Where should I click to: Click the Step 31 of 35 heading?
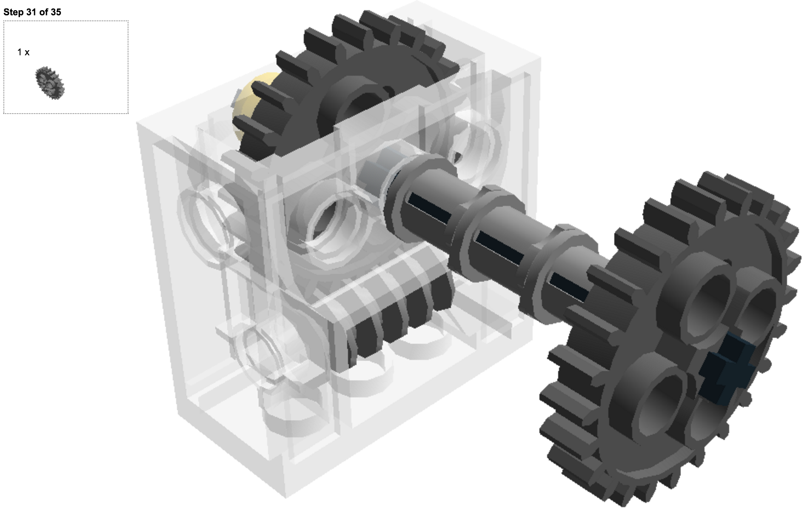tap(32, 12)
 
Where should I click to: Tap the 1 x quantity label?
tap(23, 52)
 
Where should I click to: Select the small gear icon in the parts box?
tap(50, 83)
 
